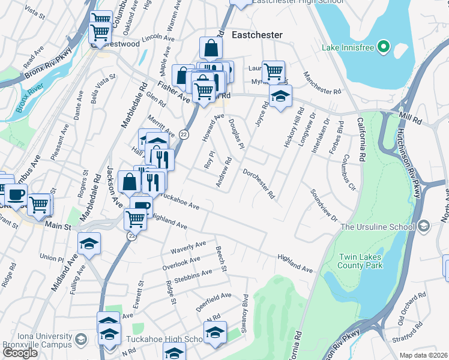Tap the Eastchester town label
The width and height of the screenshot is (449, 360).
(x=257, y=35)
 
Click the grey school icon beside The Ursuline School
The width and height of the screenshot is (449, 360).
(x=424, y=226)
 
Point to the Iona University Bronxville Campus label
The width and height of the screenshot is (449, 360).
(x=38, y=341)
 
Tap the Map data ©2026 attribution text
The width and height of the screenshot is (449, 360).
(x=423, y=355)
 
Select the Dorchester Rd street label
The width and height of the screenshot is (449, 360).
(x=259, y=184)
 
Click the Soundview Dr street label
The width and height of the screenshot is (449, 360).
(x=324, y=206)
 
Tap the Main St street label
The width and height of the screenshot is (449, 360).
(x=58, y=227)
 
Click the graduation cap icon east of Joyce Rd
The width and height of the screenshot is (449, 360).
(x=280, y=96)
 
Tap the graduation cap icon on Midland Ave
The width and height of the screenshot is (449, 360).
(x=89, y=244)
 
